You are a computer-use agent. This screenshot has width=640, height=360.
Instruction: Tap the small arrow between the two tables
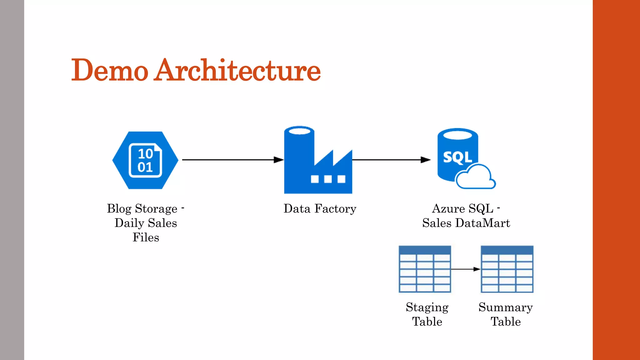click(x=466, y=269)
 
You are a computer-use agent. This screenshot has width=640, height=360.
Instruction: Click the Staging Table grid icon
click(x=425, y=269)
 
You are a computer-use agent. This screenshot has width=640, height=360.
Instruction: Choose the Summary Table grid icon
click(x=507, y=269)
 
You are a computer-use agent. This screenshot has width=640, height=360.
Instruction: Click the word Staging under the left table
click(x=427, y=307)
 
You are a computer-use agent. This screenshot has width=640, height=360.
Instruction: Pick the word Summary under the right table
click(x=505, y=307)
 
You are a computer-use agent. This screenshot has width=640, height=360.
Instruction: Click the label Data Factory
click(x=320, y=209)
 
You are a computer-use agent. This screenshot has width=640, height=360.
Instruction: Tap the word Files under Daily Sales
click(x=146, y=237)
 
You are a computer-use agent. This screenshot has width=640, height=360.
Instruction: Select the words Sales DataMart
click(x=466, y=223)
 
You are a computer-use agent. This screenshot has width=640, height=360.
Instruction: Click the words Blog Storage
click(x=142, y=209)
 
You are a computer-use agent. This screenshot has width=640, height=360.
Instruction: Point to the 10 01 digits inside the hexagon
click(x=145, y=160)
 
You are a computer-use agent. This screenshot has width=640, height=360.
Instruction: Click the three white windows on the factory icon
click(x=328, y=179)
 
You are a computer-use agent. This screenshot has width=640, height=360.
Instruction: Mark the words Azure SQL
click(x=462, y=209)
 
